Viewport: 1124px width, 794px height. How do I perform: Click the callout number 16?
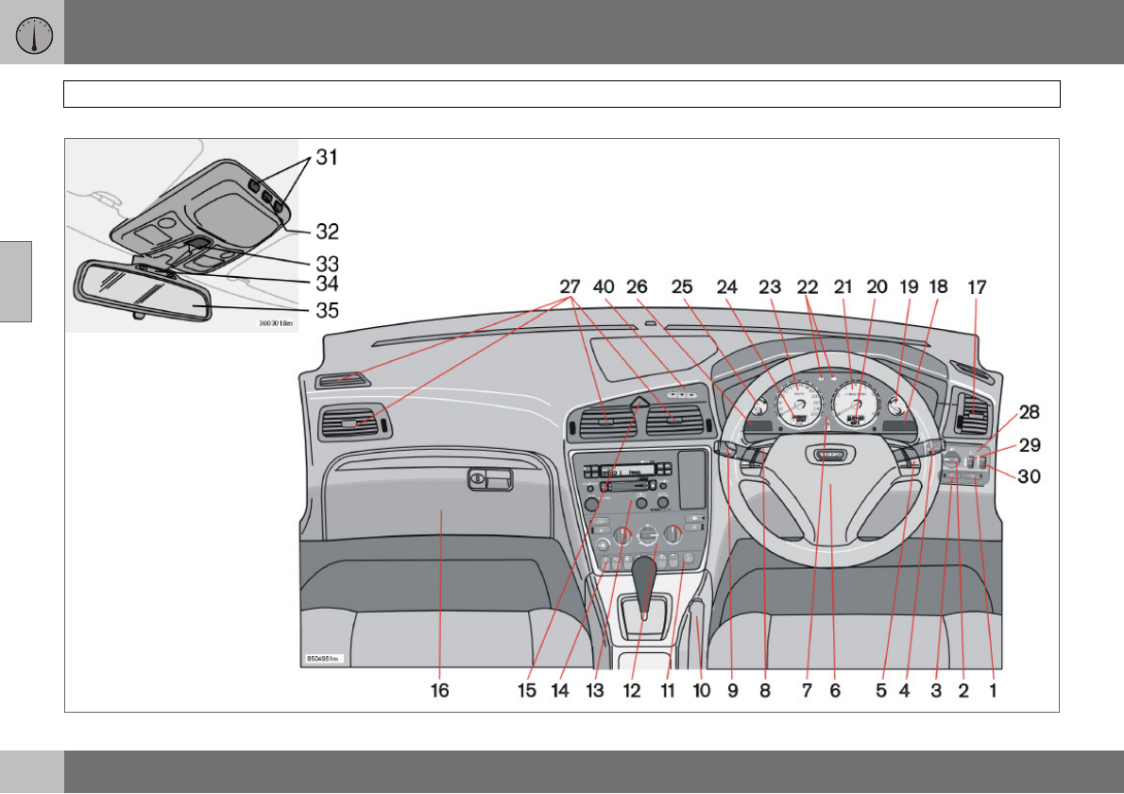440,691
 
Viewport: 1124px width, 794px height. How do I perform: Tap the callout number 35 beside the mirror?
327,308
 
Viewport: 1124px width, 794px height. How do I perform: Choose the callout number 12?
631,691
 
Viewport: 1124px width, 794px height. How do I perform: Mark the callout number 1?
993,691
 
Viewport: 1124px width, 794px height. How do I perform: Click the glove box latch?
480,480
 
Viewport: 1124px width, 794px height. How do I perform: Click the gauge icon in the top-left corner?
32,33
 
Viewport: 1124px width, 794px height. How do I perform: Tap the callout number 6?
835,691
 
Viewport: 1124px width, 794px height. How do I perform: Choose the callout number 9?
730,691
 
